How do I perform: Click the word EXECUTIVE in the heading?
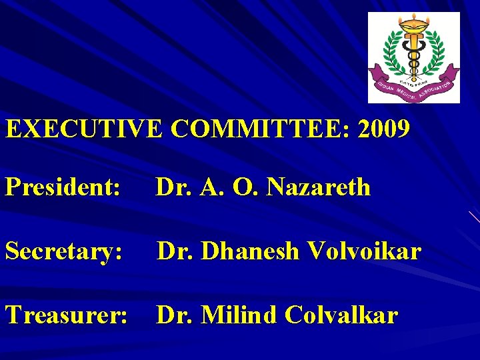[84, 129]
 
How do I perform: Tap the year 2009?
[384, 129]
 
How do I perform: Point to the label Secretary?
[64, 251]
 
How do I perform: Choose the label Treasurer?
[67, 315]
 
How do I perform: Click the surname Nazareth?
[319, 187]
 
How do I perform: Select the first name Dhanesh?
[249, 251]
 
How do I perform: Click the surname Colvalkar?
[341, 315]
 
